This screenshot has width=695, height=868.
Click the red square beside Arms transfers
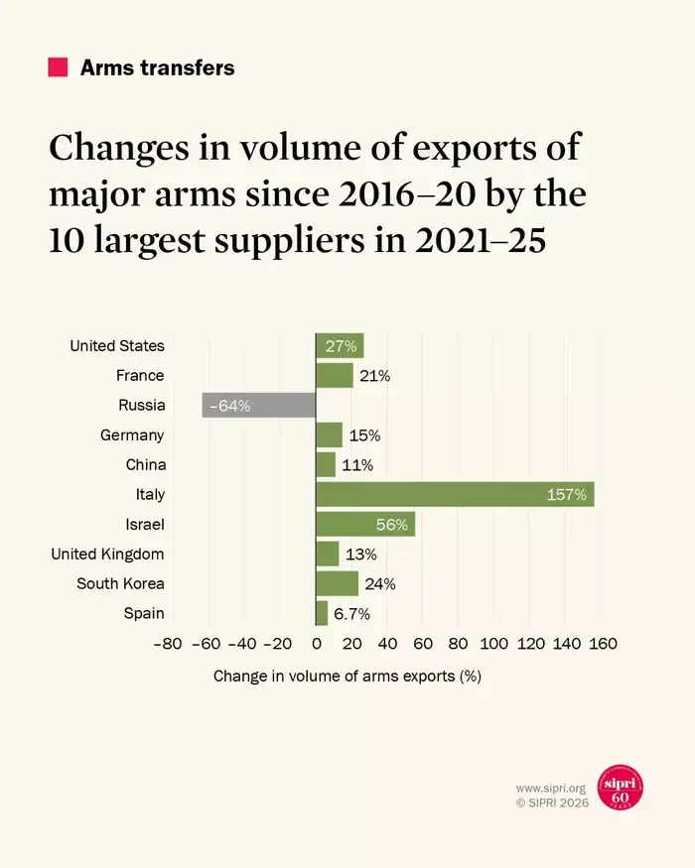click(x=58, y=67)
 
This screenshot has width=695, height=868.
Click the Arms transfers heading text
click(x=157, y=67)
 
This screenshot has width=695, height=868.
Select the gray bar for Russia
click(x=258, y=405)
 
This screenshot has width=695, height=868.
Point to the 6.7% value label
click(x=351, y=613)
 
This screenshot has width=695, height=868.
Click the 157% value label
click(x=567, y=494)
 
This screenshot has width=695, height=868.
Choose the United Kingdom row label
click(x=107, y=554)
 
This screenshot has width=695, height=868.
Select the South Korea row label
click(x=120, y=583)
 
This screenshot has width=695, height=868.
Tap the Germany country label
click(x=132, y=434)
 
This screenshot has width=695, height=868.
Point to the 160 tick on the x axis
click(x=603, y=644)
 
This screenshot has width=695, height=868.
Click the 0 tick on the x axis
click(x=316, y=644)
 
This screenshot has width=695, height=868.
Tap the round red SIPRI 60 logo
click(x=620, y=788)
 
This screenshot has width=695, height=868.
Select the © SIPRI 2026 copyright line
click(x=552, y=803)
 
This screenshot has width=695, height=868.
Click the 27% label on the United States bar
click(x=341, y=345)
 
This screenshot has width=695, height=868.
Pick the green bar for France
click(x=334, y=375)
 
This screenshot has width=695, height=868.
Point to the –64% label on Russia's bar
click(x=229, y=405)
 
